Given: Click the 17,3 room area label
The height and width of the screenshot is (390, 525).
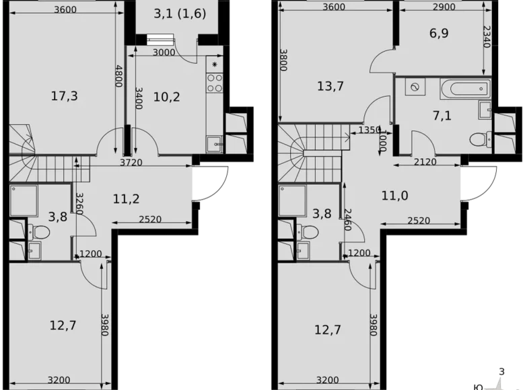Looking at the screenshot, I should tap(65, 96).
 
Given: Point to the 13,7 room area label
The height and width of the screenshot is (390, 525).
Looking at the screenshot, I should tap(330, 85).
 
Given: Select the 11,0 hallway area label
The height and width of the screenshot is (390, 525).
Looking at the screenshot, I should tap(394, 196).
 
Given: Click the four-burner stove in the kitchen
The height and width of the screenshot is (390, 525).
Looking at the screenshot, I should tap(215, 83).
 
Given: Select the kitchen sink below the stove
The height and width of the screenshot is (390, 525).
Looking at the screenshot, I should tap(215, 143).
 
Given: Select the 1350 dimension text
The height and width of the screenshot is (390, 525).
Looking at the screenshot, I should tap(370, 130).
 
